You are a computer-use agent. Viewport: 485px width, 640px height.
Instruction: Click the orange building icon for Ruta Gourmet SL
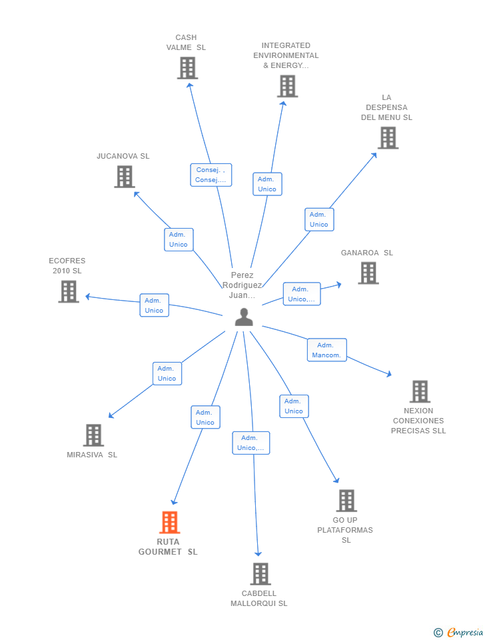(170, 523)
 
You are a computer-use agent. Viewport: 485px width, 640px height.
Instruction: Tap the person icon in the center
(244, 317)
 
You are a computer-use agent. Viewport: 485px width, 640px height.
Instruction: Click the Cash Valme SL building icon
(187, 68)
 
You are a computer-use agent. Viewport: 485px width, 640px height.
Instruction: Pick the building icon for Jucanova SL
(125, 177)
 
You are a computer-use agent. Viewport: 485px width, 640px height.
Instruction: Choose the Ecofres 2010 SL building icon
(69, 291)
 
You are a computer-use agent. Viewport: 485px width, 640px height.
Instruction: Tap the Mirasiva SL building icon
(93, 435)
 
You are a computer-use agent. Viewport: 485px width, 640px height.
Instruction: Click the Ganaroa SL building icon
(368, 273)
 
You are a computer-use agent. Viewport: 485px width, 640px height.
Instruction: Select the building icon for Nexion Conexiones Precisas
(419, 391)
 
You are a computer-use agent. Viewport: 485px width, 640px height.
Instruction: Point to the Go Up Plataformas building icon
(346, 501)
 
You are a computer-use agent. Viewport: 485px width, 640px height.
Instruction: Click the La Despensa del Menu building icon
(388, 138)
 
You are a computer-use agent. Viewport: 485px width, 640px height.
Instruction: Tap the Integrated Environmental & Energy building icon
(287, 86)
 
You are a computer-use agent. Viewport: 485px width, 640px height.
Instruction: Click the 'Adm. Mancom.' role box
(326, 350)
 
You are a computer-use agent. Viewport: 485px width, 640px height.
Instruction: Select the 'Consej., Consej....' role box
(211, 175)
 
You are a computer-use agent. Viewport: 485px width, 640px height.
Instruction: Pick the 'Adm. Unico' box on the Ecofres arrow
(154, 305)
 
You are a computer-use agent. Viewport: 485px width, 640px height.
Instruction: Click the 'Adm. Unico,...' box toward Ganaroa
(301, 294)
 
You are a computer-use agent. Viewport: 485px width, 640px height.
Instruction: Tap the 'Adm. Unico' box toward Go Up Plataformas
(294, 406)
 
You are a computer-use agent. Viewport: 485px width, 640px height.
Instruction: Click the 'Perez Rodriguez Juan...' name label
(242, 285)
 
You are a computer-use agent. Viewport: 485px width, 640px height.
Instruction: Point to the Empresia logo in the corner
(458, 632)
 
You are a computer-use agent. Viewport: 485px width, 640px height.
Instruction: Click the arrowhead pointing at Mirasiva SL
(111, 417)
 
